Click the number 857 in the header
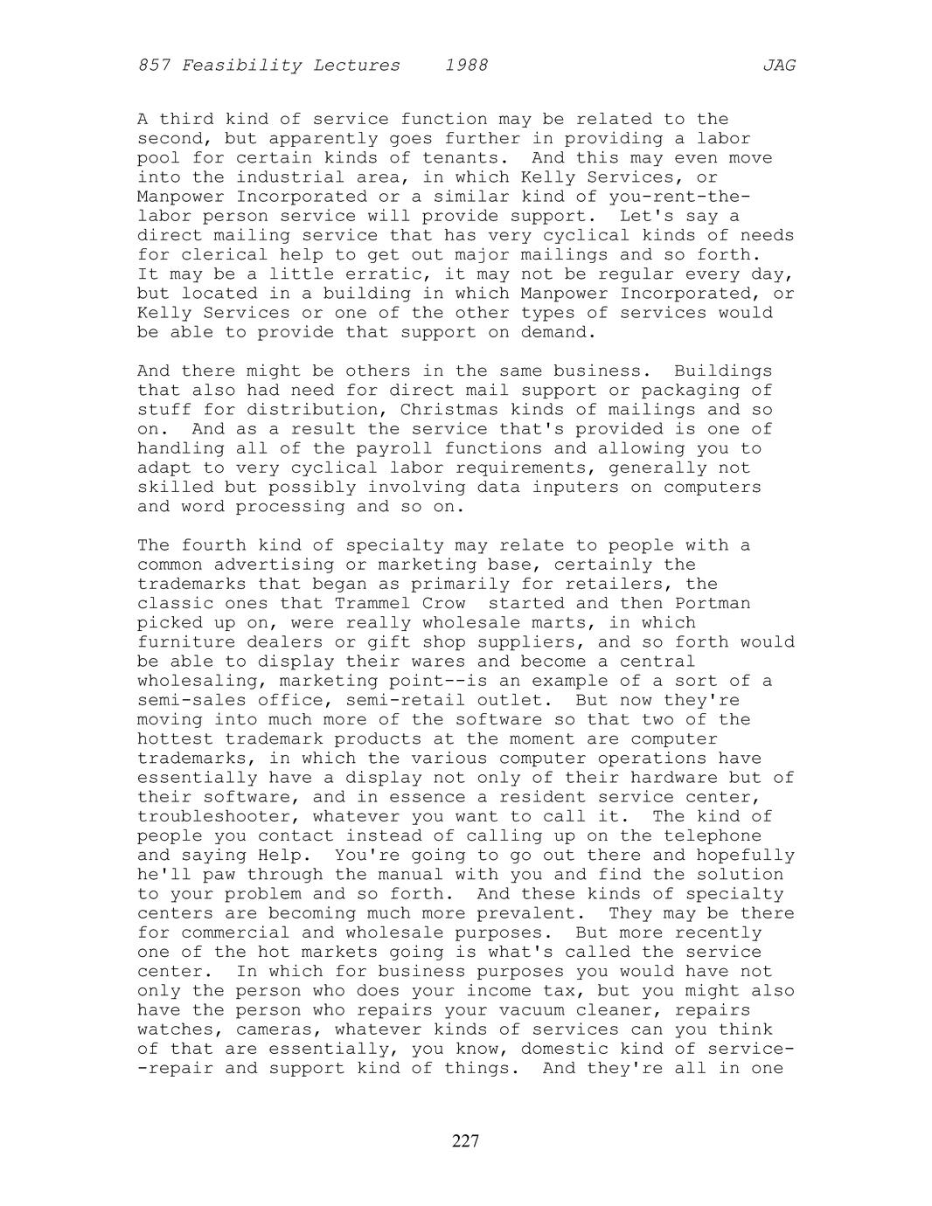[x=154, y=66]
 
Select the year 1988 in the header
[x=466, y=66]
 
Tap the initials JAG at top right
[x=778, y=66]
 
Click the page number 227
[x=466, y=1141]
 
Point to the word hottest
[x=170, y=739]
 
